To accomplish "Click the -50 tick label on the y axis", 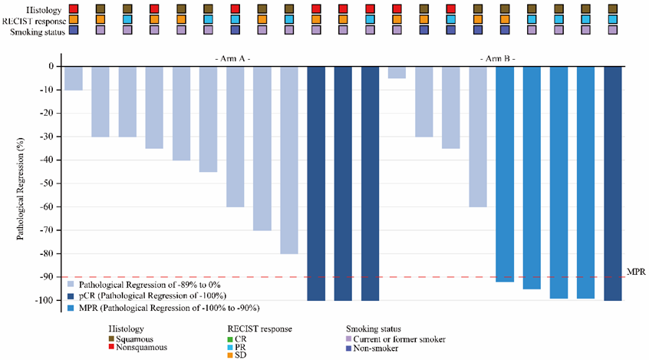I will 45,183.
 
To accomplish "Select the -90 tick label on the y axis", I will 45,277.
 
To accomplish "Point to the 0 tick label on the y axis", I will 50,66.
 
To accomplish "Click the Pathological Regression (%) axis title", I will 21,183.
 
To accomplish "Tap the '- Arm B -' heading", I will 496,58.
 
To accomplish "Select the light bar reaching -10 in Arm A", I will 74,78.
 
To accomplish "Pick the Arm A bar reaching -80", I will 289,160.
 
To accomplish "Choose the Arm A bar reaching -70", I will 262,148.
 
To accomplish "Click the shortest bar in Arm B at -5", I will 397,72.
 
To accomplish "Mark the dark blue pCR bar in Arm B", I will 613,183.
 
